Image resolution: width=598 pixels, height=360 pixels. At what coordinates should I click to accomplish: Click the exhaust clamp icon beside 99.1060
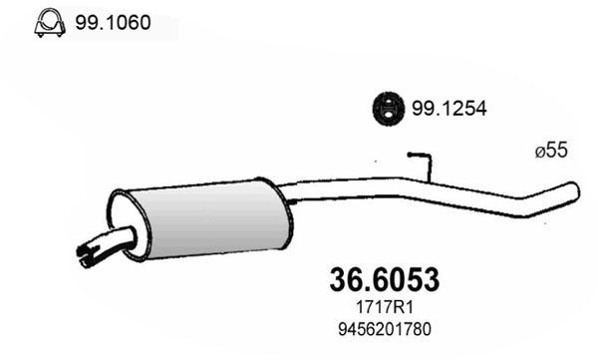45,22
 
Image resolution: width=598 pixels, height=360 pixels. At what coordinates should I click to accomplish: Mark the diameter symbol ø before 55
539,153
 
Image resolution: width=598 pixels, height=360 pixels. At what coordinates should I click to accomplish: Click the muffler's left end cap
123,220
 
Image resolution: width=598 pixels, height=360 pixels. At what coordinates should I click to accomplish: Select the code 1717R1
383,307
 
